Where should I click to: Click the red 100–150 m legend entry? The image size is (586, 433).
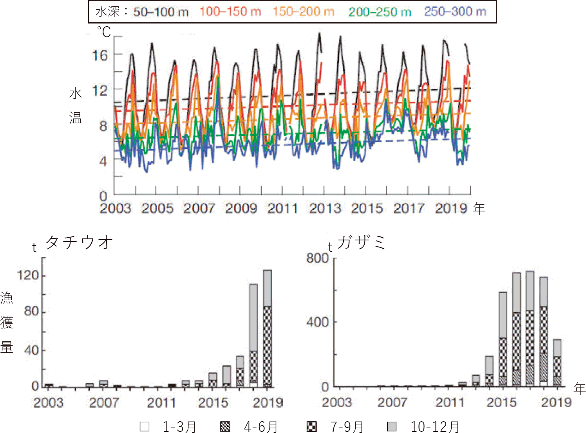(x=230, y=12)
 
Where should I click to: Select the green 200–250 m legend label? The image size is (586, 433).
(x=380, y=12)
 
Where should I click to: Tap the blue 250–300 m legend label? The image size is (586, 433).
(x=455, y=12)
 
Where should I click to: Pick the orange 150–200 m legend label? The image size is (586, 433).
(x=303, y=12)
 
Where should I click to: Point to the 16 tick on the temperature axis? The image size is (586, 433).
(x=100, y=55)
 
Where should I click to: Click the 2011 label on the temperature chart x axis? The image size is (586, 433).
(x=282, y=208)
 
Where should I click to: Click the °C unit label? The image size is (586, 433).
(x=104, y=32)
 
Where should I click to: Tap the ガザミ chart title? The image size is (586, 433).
(x=361, y=242)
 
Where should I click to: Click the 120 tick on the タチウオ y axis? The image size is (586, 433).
(x=28, y=276)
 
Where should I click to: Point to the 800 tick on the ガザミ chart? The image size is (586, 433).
(x=317, y=258)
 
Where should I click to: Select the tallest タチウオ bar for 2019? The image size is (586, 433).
(x=267, y=328)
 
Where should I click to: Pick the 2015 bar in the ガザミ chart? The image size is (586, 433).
(x=503, y=339)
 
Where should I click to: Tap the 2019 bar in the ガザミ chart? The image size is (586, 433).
(x=557, y=363)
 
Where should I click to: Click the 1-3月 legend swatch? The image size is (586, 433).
(x=145, y=426)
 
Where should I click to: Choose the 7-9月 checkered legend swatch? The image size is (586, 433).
(x=311, y=426)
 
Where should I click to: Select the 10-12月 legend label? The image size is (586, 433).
(x=435, y=427)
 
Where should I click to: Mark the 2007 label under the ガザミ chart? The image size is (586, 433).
(x=392, y=402)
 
